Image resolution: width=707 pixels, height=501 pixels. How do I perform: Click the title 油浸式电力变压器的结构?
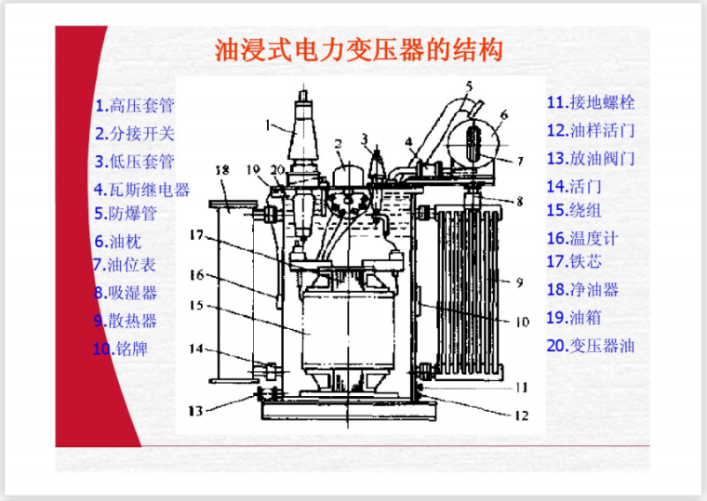click(358, 50)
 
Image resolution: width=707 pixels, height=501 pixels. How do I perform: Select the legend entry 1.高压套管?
click(135, 105)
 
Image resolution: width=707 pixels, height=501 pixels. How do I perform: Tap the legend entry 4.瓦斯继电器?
click(141, 190)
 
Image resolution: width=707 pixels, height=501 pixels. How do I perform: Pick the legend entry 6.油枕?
click(118, 242)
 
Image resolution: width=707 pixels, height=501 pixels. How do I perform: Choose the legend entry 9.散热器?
click(125, 321)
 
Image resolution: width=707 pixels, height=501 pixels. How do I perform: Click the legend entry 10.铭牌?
click(120, 349)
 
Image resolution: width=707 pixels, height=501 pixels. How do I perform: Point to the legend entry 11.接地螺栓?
click(591, 102)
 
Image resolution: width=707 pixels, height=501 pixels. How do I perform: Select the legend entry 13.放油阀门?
click(591, 158)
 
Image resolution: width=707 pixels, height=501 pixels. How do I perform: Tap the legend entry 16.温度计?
click(582, 238)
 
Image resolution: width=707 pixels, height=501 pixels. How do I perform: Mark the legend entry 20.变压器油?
click(591, 346)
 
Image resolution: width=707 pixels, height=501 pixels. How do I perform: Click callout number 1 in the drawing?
click(268, 125)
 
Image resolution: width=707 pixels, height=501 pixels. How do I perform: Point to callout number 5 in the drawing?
click(470, 86)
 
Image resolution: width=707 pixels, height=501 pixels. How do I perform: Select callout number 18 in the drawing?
click(222, 170)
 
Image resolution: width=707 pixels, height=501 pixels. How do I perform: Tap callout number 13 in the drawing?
click(195, 411)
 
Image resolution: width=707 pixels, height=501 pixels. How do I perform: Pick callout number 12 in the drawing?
click(522, 415)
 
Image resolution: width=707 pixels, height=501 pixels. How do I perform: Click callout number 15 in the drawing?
click(196, 305)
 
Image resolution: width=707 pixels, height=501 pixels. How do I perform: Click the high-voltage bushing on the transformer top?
click(303, 135)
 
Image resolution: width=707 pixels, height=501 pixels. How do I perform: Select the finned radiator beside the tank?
click(469, 292)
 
